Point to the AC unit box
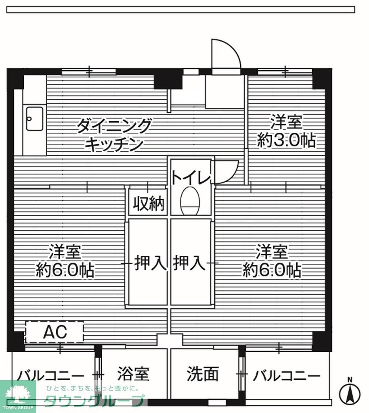point(55,332)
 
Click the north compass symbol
point(350,393)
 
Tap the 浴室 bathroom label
point(134,374)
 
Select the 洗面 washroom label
point(203,374)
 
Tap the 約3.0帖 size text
point(286,141)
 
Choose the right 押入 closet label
point(189,263)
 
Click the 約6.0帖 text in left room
point(65,270)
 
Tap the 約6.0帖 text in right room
point(272,270)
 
